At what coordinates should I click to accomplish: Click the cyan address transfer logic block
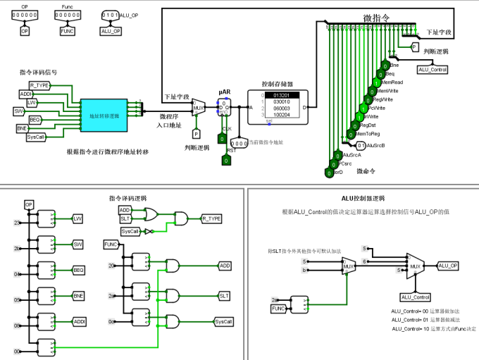coord(104,115)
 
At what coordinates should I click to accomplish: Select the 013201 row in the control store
coord(281,95)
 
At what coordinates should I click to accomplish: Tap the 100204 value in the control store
coord(281,114)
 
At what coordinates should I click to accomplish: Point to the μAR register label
coord(225,92)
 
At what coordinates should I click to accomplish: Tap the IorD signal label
coord(337,171)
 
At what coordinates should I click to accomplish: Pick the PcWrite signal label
coord(377,108)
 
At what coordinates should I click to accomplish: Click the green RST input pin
coord(225,161)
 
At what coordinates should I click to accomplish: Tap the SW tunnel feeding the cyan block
coord(20,111)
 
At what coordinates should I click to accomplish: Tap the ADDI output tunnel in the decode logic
coord(80,321)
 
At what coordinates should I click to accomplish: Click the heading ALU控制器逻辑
coord(362,198)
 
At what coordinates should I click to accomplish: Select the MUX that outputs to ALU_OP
coord(416,266)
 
